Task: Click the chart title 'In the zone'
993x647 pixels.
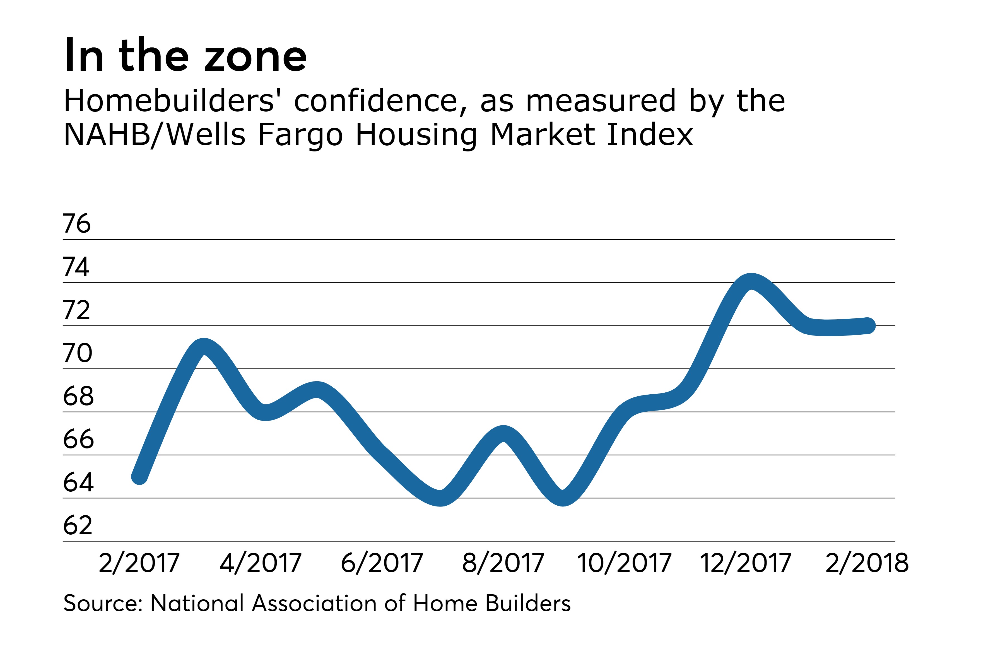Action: (186, 55)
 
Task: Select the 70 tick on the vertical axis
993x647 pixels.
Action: (78, 353)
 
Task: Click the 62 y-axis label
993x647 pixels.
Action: (78, 525)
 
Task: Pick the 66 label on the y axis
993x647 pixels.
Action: (78, 439)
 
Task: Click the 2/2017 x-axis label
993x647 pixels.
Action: (139, 563)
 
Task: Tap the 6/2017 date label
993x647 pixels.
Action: (382, 563)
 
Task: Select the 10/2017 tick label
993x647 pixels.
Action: (624, 563)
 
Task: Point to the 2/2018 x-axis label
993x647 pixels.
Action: (867, 563)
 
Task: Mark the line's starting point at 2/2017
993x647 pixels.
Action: (139, 477)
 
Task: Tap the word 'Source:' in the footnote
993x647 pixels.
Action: (103, 603)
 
